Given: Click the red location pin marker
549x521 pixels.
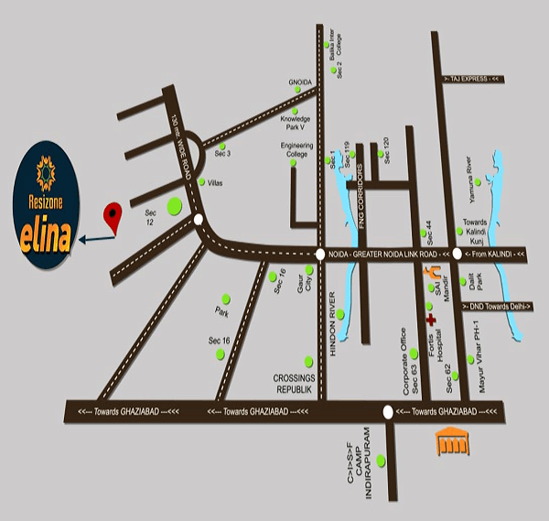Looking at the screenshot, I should [113, 216].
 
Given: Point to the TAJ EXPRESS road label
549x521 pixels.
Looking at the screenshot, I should [472, 80].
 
